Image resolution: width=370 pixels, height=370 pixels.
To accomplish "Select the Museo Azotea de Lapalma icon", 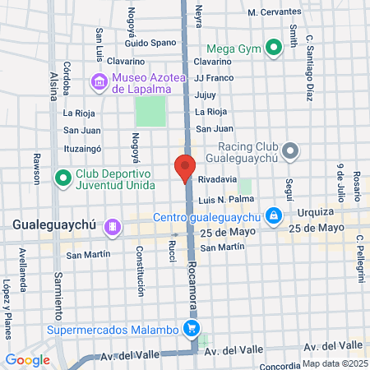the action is pyautogui.click(x=99, y=81).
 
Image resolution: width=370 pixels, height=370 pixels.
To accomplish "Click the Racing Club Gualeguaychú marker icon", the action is pyautogui.click(x=289, y=150).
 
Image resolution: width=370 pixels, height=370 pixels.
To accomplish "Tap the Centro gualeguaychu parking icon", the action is pyautogui.click(x=274, y=217).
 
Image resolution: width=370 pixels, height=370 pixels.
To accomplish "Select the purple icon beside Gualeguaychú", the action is pyautogui.click(x=113, y=224).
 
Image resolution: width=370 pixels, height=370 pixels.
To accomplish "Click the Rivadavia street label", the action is pyautogui.click(x=217, y=180).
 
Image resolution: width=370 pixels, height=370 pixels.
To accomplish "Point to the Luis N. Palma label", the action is pyautogui.click(x=224, y=200).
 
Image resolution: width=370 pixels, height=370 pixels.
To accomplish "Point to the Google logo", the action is pyautogui.click(x=27, y=359).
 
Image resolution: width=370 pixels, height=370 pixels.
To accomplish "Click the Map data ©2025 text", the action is pyautogui.click(x=335, y=363).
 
